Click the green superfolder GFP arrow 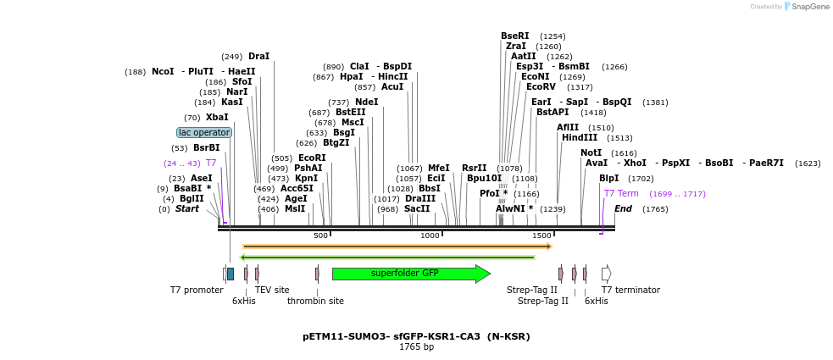click(x=410, y=274)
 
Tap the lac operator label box click(x=203, y=133)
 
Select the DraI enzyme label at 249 click(x=258, y=57)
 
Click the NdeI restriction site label click(x=366, y=102)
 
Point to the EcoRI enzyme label click(x=312, y=158)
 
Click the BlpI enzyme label click(x=608, y=179)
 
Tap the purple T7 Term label click(x=621, y=194)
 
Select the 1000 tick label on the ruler click(x=430, y=235)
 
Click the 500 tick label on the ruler click(x=320, y=235)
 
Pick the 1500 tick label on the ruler click(x=541, y=235)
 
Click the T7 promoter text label click(x=197, y=291)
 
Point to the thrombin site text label click(x=315, y=301)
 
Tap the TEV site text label click(x=272, y=291)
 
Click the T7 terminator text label click(x=630, y=291)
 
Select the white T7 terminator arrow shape click(x=606, y=274)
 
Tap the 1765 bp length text click(x=416, y=347)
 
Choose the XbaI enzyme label click(x=217, y=118)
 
